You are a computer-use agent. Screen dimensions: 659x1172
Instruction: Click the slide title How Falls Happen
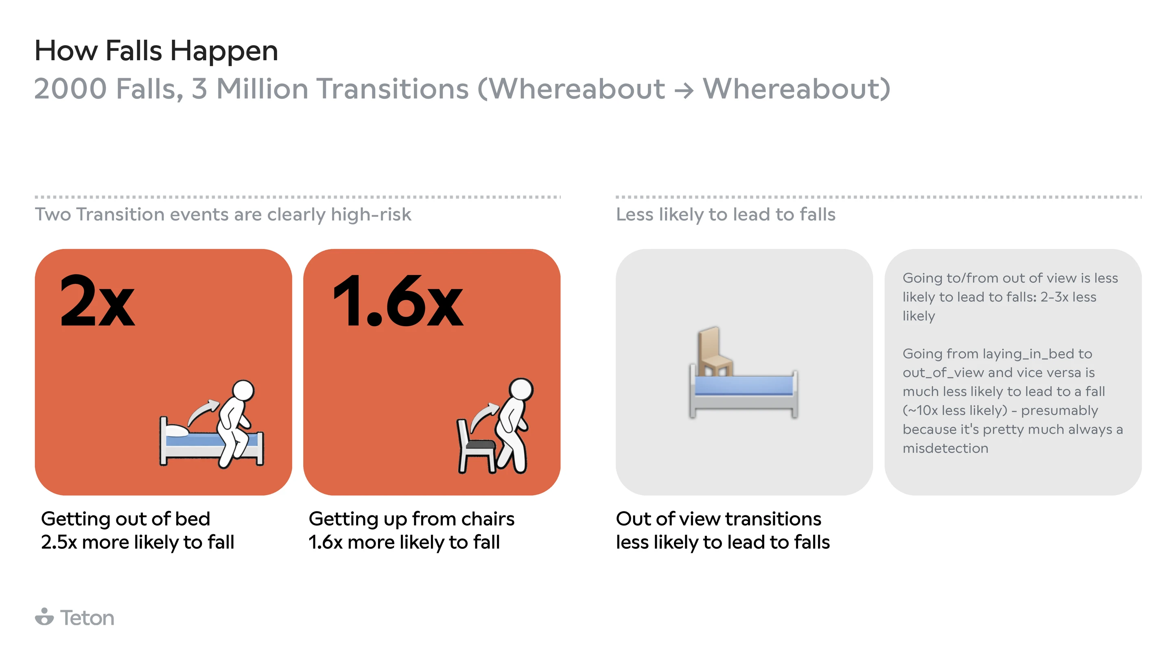click(x=156, y=50)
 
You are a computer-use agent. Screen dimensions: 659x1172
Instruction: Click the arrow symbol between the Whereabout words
click(x=683, y=90)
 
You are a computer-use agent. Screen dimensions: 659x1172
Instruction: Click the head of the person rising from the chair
click(x=520, y=390)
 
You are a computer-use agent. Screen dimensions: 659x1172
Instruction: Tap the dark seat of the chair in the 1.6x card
click(x=481, y=445)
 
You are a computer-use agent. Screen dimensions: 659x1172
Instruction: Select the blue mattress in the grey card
click(x=743, y=386)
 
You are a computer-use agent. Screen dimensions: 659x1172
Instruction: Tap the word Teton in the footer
click(x=87, y=618)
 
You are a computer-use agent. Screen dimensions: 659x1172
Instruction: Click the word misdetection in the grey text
click(x=945, y=448)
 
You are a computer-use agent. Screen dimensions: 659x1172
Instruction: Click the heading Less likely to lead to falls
click(x=725, y=214)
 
